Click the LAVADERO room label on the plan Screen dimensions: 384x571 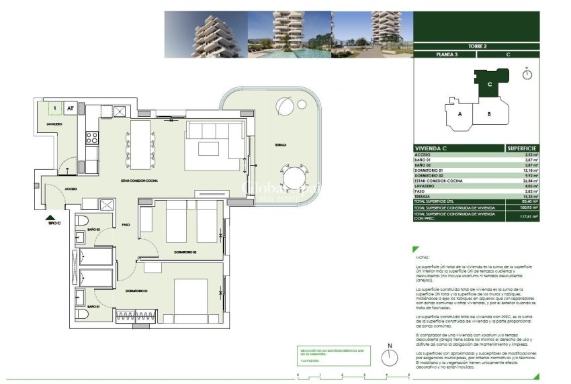tap(54, 124)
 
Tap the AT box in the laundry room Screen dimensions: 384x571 tap(70, 107)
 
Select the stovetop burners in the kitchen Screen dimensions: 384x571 tap(92, 139)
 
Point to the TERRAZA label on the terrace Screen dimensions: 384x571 tap(280, 145)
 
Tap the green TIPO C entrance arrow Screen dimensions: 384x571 tap(49, 218)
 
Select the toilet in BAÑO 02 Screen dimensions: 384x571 tap(81, 222)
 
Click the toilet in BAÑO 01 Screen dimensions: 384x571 tap(81, 314)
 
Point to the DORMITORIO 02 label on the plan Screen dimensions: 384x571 tap(184, 252)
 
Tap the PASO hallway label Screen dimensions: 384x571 tap(126, 225)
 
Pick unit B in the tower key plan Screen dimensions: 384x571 tap(489, 114)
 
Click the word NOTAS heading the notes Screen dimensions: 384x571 tap(423, 257)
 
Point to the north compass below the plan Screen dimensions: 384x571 tap(389, 356)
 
